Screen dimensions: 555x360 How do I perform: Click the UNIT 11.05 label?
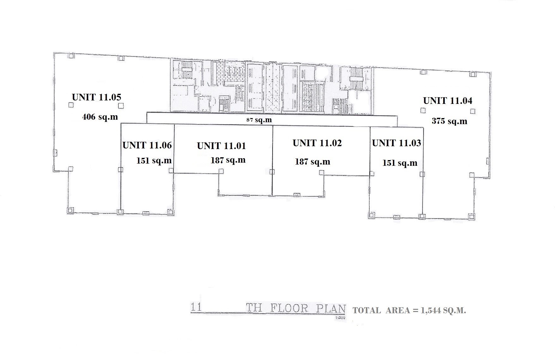tap(97, 97)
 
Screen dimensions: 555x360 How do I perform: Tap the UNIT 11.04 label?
tap(448, 101)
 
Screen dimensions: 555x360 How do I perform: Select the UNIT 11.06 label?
tap(147, 145)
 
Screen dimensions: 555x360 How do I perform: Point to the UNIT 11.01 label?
tap(221, 146)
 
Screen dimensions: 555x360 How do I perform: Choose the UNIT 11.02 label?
tap(317, 143)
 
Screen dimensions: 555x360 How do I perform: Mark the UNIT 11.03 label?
tap(396, 143)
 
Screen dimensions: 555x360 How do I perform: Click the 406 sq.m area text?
tap(100, 117)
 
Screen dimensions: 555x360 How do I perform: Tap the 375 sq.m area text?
tap(449, 121)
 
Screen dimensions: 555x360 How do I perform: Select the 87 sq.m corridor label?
tap(259, 120)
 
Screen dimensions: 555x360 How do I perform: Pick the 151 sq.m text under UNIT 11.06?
tap(154, 160)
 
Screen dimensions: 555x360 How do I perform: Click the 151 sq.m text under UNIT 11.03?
tap(400, 163)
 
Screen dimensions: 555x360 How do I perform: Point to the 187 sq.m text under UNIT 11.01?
tap(228, 160)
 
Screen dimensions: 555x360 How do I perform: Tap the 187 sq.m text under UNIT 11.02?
tap(312, 162)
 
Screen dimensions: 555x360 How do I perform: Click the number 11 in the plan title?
tap(196, 307)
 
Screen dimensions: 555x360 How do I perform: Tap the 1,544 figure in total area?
tap(431, 311)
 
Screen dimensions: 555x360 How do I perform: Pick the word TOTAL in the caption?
tap(367, 311)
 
